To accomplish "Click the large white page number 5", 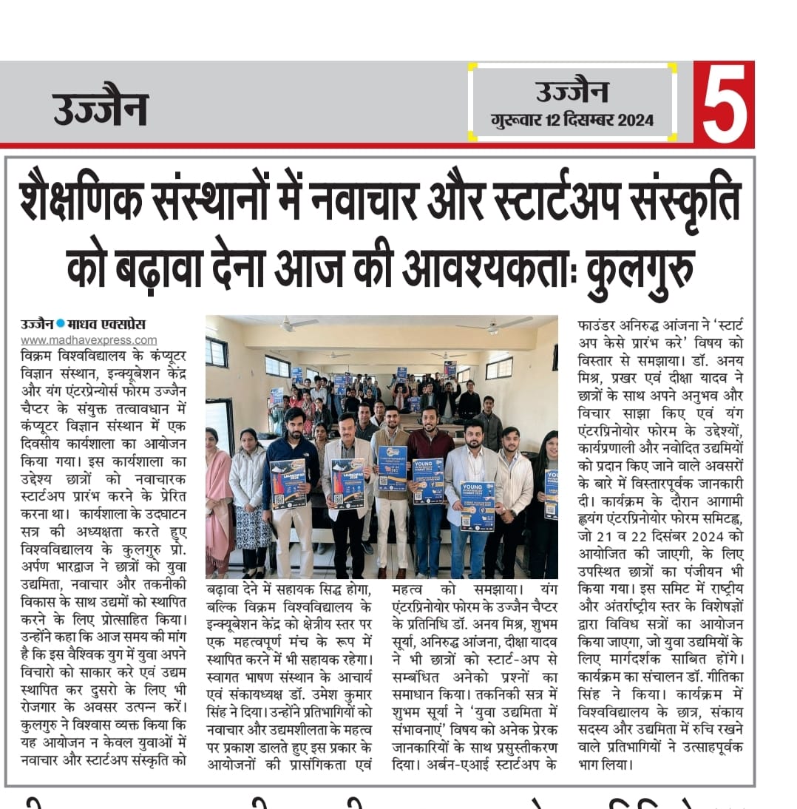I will pyautogui.click(x=724, y=104).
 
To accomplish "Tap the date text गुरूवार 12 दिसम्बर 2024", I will pyautogui.click(x=572, y=120).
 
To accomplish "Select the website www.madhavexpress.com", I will pyautogui.click(x=89, y=340).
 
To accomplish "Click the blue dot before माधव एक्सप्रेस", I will pyautogui.click(x=61, y=324).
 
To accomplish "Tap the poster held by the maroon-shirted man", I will pyautogui.click(x=428, y=480).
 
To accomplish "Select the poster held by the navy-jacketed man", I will pyautogui.click(x=288, y=482).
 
